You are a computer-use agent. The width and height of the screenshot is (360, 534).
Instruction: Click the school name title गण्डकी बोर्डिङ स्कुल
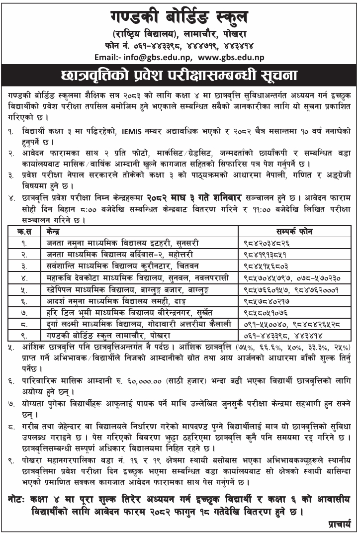[x=180, y=16]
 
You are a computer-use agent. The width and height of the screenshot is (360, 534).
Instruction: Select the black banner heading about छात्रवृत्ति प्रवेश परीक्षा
[x=180, y=75]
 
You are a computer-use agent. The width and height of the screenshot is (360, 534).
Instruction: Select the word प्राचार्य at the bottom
[x=340, y=523]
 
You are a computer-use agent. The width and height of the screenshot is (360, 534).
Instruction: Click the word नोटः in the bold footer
[x=23, y=498]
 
